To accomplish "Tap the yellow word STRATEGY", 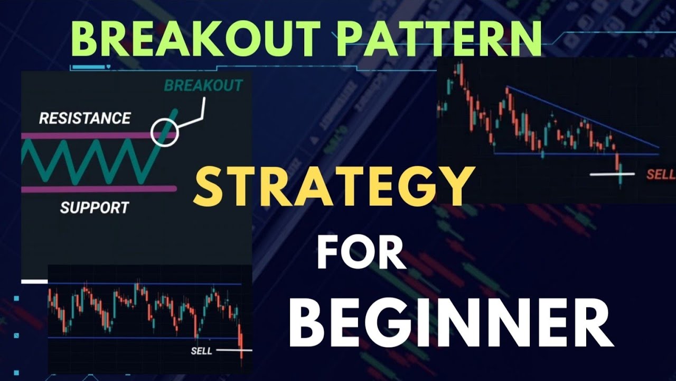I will coord(332,185).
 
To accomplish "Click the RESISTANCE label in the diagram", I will coord(84,118).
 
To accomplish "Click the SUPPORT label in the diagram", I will coord(94,207).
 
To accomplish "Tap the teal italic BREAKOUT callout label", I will coord(203,85).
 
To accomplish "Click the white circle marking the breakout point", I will coord(165,132).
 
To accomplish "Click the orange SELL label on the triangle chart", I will coord(661,175).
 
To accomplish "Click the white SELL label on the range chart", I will coord(201,350).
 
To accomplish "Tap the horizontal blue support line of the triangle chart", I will coord(570,154).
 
